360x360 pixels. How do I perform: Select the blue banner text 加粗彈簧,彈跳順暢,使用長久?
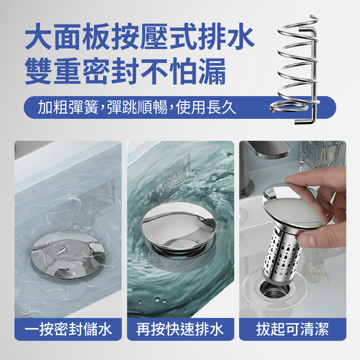coord(137,107)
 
